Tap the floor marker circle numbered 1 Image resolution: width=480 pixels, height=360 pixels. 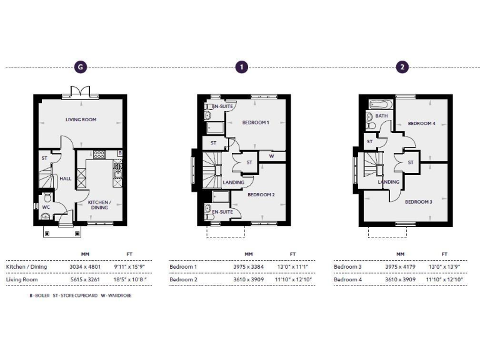(x=241, y=67)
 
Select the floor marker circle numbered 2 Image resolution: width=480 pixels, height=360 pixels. (x=403, y=67)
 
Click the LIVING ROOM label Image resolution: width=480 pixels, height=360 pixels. (x=81, y=119)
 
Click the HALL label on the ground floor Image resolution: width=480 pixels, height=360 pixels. (x=65, y=178)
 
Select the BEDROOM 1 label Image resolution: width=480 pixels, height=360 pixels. (x=256, y=122)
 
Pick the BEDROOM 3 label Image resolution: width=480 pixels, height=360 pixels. (x=418, y=202)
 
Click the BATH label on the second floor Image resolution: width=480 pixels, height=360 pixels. (x=382, y=116)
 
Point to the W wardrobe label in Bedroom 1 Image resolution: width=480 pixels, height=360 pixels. (x=271, y=156)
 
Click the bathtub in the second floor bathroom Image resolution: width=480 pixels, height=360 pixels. (x=380, y=105)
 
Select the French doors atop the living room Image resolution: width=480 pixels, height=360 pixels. (x=79, y=91)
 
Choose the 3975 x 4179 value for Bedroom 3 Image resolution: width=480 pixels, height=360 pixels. (x=400, y=267)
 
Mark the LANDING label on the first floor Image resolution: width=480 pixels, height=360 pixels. (x=233, y=182)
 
